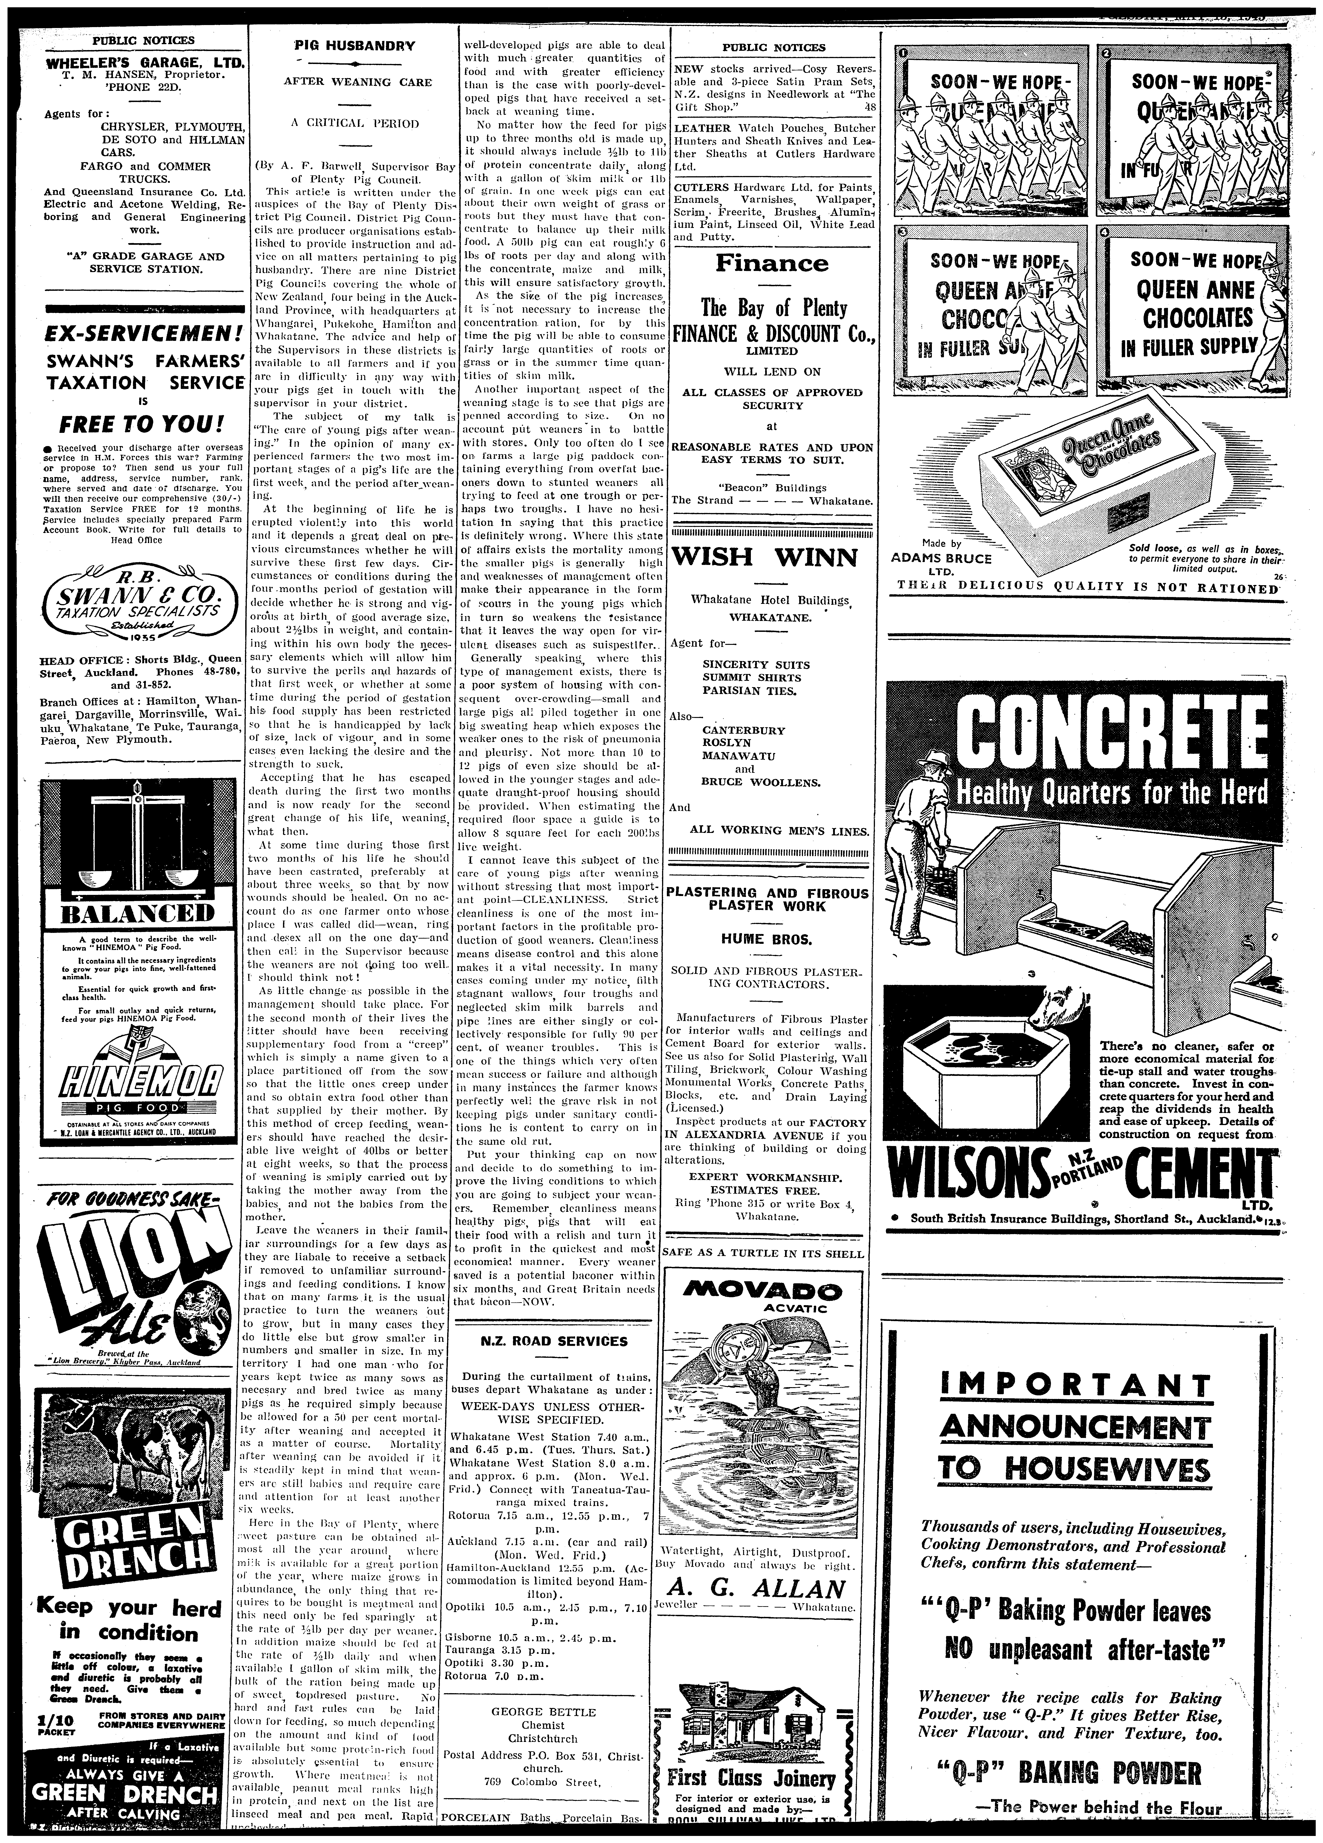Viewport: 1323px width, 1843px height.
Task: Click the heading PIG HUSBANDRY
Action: click(352, 47)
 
